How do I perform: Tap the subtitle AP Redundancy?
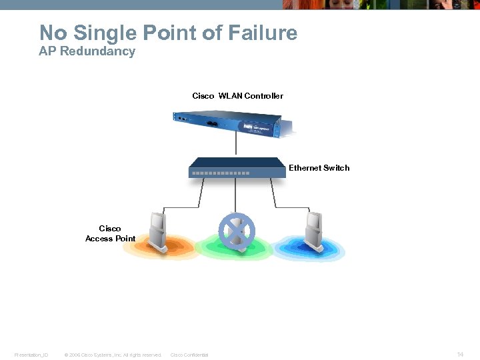[87, 51]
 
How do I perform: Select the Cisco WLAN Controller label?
[237, 96]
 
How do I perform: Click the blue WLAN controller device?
[234, 125]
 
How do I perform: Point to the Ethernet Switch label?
[319, 168]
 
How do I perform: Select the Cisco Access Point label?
[110, 233]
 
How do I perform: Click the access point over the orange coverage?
[158, 231]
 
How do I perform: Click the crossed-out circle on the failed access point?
[237, 230]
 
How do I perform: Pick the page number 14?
[460, 355]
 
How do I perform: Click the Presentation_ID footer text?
[31, 355]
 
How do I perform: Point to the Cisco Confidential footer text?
[189, 355]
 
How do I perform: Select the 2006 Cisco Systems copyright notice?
[112, 355]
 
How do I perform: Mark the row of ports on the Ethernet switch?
[221, 173]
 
